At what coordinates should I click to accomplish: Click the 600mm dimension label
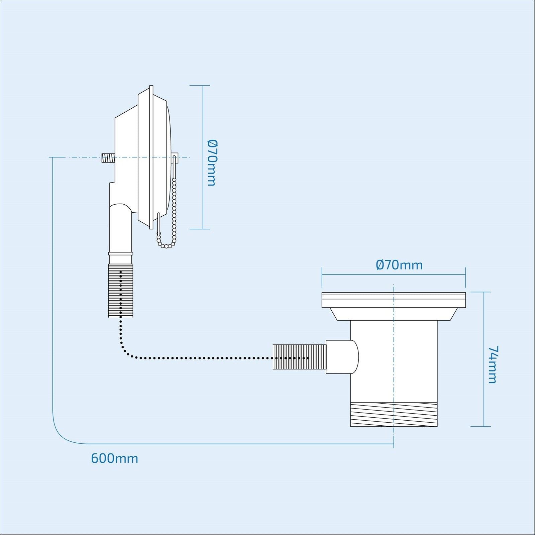(114, 458)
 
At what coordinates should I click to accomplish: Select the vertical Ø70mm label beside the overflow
(212, 163)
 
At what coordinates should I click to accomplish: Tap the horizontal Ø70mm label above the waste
(399, 265)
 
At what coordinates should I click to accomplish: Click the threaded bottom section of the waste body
(394, 415)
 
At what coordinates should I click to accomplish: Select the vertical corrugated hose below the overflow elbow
(121, 290)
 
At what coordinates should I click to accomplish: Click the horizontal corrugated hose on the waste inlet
(299, 357)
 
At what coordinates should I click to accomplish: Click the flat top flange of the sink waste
(394, 300)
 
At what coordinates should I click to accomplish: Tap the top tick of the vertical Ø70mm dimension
(200, 86)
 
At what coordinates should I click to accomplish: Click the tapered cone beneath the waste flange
(394, 314)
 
